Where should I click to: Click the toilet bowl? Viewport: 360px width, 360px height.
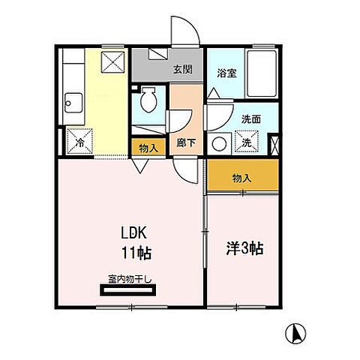click(149, 101)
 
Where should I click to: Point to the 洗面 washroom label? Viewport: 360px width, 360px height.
click(250, 118)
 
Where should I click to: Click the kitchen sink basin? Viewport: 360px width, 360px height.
click(73, 100)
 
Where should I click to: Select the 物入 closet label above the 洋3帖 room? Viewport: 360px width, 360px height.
click(241, 178)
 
